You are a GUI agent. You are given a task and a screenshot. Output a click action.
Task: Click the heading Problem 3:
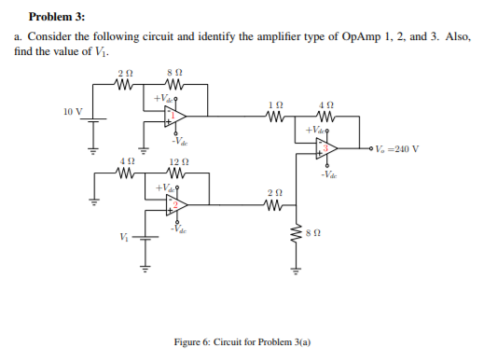click(x=57, y=16)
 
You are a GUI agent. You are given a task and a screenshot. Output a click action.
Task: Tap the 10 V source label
click(x=74, y=112)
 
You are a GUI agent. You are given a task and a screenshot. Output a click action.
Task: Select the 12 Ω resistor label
click(x=179, y=162)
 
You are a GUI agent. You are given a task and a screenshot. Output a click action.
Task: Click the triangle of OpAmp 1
click(x=173, y=116)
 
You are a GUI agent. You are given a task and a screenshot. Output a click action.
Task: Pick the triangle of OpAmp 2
click(x=173, y=204)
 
